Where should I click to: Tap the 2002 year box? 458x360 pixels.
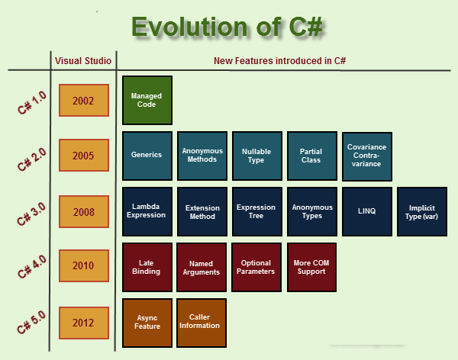coord(83,101)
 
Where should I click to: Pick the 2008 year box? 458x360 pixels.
coord(83,211)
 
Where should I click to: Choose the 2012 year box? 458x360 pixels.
coord(83,322)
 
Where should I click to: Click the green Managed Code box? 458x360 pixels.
coord(147,101)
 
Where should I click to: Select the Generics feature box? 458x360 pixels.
coord(147,155)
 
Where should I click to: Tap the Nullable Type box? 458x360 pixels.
coord(256,155)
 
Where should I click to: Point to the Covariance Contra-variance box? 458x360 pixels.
coord(366,156)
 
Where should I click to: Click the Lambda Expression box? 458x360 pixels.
coord(147,211)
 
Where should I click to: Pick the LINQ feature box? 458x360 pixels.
coord(366,211)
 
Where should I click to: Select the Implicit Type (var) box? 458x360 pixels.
coord(422,211)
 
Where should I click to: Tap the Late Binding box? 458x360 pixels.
coord(147,267)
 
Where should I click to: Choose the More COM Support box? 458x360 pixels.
coord(311,267)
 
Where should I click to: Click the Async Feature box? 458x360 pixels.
coord(147,322)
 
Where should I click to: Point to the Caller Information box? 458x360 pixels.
coord(202,322)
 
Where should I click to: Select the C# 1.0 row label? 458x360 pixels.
coord(31,101)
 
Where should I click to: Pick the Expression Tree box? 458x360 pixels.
coord(256,211)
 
